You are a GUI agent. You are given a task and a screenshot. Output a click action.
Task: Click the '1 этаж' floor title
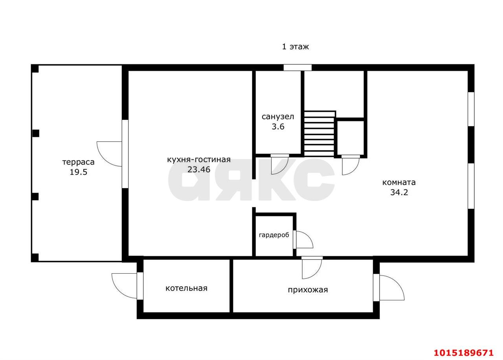(x=295, y=47)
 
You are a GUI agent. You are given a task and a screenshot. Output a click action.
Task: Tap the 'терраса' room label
(x=78, y=162)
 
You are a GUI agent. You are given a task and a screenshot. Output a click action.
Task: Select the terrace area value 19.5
(x=78, y=172)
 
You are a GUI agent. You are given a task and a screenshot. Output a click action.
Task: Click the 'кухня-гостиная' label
(x=199, y=159)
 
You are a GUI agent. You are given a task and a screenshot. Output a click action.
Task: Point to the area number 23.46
(x=199, y=170)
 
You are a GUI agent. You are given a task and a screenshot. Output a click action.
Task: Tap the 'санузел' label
(x=278, y=117)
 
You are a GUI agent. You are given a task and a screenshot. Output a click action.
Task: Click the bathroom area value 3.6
(x=278, y=127)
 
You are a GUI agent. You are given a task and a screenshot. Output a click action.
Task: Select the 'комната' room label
(x=399, y=182)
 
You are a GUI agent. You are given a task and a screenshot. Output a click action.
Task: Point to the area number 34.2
(x=399, y=192)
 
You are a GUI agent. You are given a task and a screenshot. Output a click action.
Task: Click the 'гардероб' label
(x=274, y=235)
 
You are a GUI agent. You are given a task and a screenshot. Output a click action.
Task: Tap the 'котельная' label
(x=186, y=288)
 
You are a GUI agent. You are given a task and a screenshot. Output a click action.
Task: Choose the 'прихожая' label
(x=308, y=290)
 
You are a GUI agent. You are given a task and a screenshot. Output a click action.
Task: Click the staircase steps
(x=319, y=134)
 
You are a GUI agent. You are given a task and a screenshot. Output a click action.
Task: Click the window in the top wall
(x=297, y=68)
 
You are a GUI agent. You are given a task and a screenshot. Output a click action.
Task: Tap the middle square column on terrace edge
(x=36, y=133)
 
